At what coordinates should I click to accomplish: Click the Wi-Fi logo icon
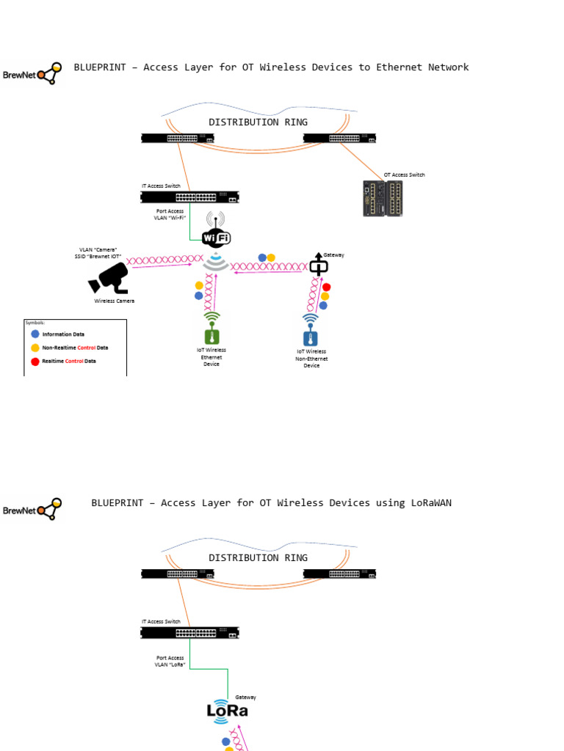215,237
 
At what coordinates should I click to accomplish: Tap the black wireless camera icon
109,279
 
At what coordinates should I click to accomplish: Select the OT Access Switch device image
383,198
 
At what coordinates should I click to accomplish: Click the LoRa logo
227,711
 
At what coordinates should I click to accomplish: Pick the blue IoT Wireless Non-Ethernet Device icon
311,338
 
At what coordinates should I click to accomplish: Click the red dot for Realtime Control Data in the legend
35,362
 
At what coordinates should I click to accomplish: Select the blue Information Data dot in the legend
35,334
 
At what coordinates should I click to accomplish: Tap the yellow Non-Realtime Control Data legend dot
35,348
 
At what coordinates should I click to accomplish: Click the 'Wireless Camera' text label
114,301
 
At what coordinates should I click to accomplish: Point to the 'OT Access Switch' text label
404,175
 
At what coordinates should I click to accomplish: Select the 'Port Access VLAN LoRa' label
170,662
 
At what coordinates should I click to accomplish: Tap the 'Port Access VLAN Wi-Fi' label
170,215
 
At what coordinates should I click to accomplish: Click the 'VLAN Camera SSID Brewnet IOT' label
98,253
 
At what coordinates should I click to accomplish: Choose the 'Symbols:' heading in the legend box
35,323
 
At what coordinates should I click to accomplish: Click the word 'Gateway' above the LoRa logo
245,697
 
